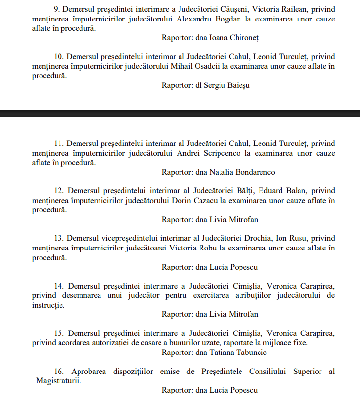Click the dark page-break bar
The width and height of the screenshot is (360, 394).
(x=180, y=113)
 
